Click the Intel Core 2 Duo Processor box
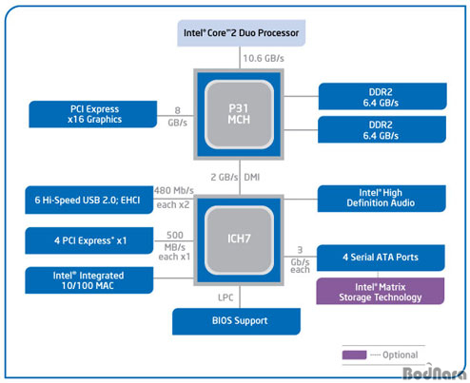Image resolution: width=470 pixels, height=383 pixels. point(242,33)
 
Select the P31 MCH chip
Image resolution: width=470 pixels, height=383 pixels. point(239,114)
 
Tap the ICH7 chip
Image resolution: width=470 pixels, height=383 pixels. point(239,239)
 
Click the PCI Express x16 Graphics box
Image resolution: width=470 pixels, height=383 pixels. point(93,114)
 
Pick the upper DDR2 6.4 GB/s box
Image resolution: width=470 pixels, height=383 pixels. point(382,96)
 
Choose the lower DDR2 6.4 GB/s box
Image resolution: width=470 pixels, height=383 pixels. point(382,129)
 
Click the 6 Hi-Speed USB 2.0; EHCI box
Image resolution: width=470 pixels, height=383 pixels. point(89,200)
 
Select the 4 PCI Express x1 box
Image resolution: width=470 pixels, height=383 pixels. point(89,240)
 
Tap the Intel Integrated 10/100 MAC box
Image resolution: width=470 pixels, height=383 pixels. point(89,280)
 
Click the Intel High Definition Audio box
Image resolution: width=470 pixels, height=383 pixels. point(382,199)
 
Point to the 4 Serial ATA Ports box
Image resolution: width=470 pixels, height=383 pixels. point(381,258)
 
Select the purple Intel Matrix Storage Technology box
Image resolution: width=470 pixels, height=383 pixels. point(381,291)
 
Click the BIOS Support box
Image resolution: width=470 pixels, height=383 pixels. point(236,321)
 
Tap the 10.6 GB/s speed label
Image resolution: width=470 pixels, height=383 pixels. point(264,59)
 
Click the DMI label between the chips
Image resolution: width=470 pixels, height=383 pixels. point(252,177)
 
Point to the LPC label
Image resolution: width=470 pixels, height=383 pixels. point(225,297)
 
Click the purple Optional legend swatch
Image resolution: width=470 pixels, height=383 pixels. point(354,354)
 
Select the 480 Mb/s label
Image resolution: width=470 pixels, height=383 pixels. point(174,190)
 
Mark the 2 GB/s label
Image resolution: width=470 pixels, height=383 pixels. point(225,177)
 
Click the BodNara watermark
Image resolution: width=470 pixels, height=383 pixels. point(435,373)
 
